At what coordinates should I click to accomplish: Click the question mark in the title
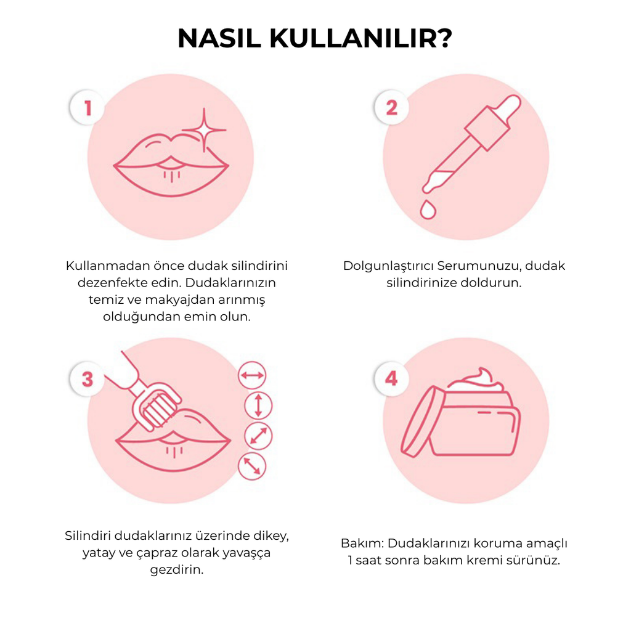[x=443, y=38]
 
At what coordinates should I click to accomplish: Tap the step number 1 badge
[x=88, y=108]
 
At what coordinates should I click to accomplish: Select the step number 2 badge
[x=391, y=108]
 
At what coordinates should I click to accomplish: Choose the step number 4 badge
[x=391, y=378]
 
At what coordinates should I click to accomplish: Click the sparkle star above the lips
[x=204, y=129]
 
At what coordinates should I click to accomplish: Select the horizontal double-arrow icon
[x=252, y=375]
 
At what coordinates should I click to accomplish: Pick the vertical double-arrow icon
[x=258, y=405]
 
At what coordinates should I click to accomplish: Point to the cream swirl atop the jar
[x=479, y=378]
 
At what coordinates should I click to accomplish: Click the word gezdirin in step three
[x=176, y=569]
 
